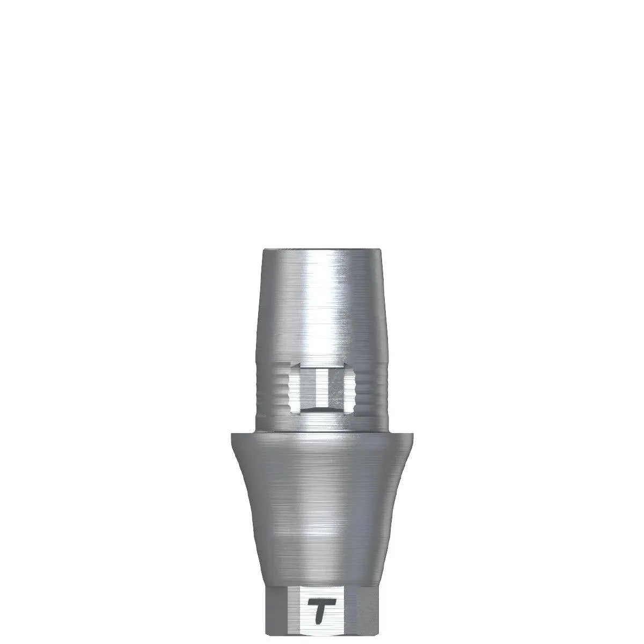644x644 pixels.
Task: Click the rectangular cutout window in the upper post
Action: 323,387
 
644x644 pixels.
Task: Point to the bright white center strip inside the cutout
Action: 321,387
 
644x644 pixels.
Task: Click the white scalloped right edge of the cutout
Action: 353,387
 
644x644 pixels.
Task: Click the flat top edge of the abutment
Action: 322,250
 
